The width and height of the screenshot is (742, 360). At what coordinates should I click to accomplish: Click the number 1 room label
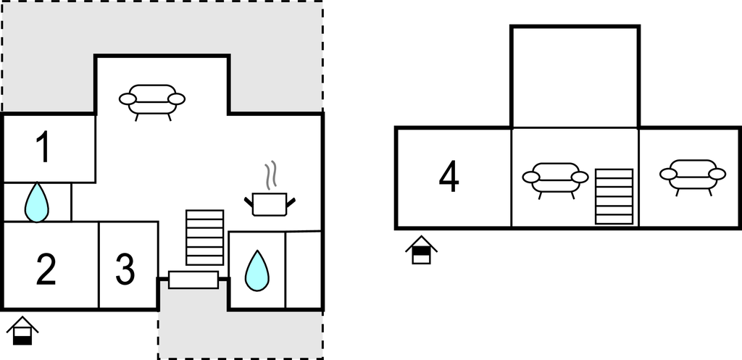point(43,147)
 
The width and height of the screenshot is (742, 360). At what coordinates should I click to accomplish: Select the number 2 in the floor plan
point(46,269)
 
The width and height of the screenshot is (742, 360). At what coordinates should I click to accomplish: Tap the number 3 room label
point(125,269)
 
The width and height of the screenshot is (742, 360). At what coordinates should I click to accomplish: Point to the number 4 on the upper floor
point(449,177)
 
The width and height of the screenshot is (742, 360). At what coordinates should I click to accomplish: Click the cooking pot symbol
point(270,204)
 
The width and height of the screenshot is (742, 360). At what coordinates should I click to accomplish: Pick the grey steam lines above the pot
point(270,175)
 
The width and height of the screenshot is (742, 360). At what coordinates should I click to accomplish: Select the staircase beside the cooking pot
point(204,238)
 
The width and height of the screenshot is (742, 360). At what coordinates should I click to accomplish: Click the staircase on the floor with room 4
point(614,196)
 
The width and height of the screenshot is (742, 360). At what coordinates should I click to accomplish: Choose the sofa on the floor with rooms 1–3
point(152,101)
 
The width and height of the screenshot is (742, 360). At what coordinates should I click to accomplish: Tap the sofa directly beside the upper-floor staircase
point(556,180)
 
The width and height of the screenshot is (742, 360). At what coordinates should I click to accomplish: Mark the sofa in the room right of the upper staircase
point(693,177)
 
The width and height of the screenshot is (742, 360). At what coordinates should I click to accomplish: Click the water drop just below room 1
point(36,202)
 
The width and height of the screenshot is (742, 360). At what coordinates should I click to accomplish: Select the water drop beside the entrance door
point(257,271)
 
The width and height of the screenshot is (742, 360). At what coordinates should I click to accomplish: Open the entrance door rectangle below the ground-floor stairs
point(193,280)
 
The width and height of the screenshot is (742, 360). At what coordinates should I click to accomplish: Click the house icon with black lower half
point(22,331)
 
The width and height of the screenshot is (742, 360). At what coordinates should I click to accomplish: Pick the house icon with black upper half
point(421,250)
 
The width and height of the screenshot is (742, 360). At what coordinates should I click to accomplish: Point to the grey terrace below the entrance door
point(241,334)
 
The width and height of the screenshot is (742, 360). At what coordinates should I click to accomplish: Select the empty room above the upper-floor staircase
point(575,78)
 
